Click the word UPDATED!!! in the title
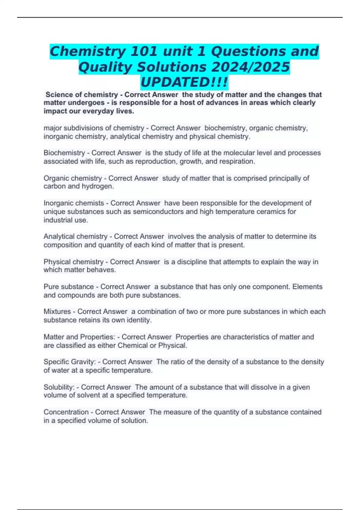click(x=184, y=82)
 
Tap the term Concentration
click(x=66, y=412)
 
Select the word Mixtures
click(x=57, y=312)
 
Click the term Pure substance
click(x=69, y=287)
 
